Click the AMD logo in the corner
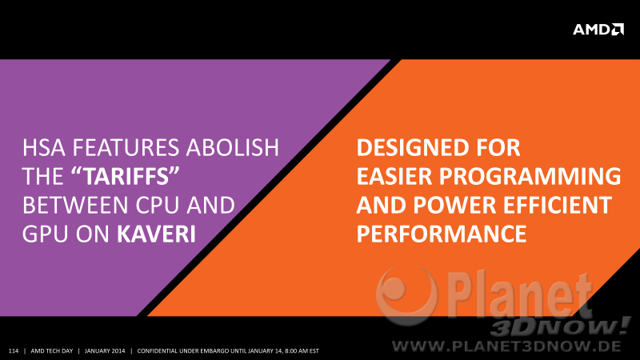(x=598, y=30)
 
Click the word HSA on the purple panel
(x=44, y=147)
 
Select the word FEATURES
(x=126, y=147)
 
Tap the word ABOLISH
(x=233, y=147)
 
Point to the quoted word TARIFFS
(x=126, y=176)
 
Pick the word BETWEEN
(x=75, y=206)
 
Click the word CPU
(x=157, y=206)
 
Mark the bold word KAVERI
(x=156, y=234)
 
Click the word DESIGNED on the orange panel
(x=412, y=147)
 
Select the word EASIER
(x=394, y=176)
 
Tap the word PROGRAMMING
(x=530, y=176)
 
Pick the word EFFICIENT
(x=558, y=206)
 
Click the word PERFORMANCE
(x=442, y=234)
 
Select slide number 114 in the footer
(x=14, y=351)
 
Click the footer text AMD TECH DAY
(x=52, y=351)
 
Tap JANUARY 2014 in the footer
(x=105, y=351)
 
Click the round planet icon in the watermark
(x=406, y=294)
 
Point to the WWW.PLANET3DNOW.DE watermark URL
(x=506, y=347)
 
